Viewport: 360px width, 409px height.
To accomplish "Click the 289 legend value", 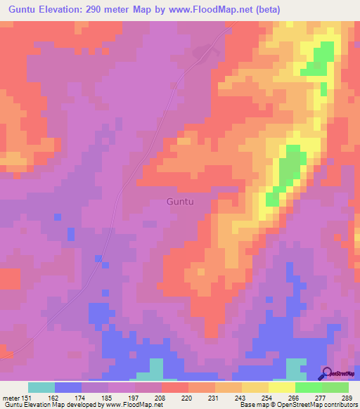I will tap(348, 397).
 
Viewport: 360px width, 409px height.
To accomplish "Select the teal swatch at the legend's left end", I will tap(41, 387).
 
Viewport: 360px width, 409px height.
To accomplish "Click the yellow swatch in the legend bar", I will tap(282, 387).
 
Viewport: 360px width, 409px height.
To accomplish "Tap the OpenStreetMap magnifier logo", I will tap(326, 375).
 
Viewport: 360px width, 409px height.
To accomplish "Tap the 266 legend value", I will tap(295, 397).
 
